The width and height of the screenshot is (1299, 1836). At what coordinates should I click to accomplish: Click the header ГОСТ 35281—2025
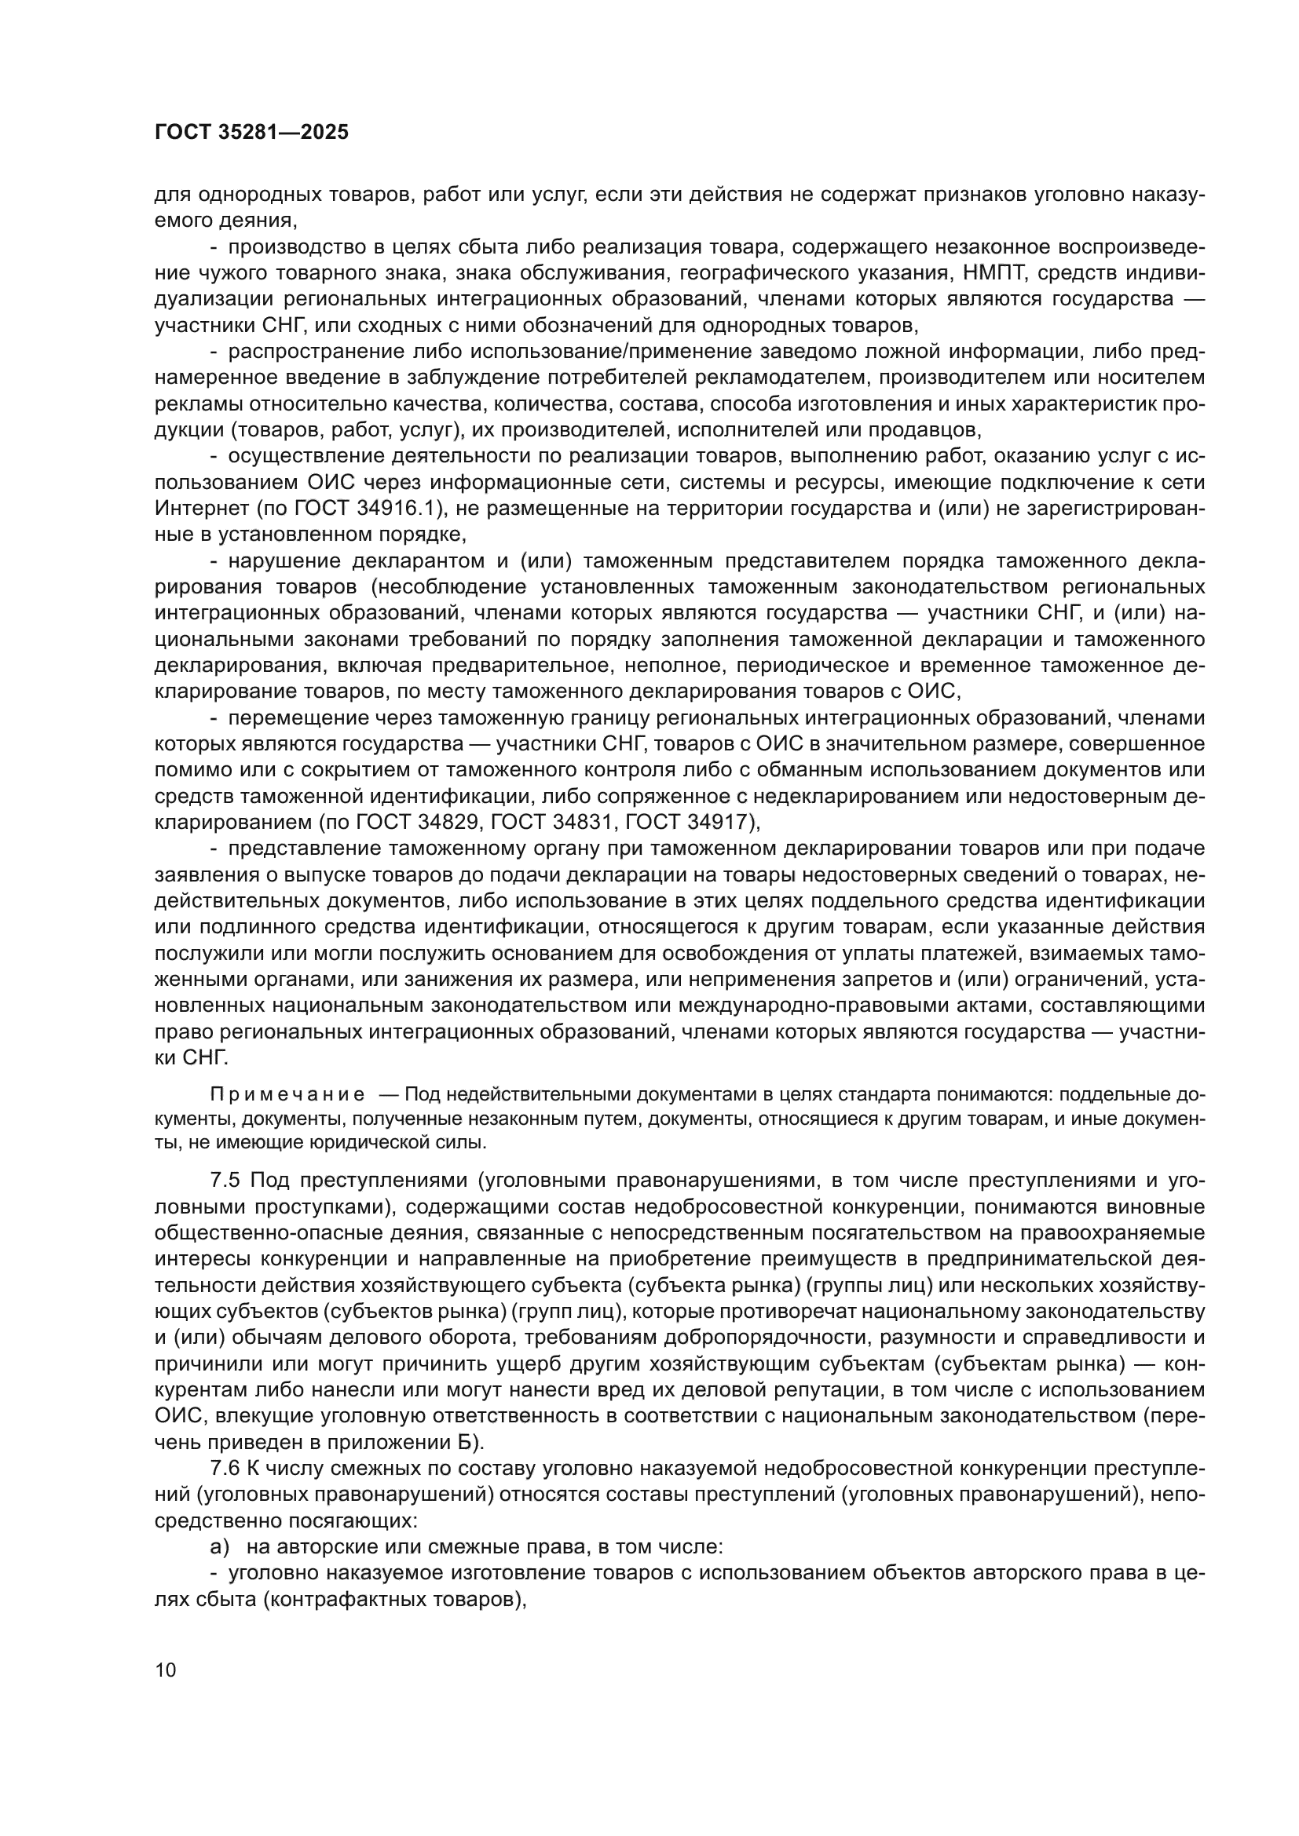251,133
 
